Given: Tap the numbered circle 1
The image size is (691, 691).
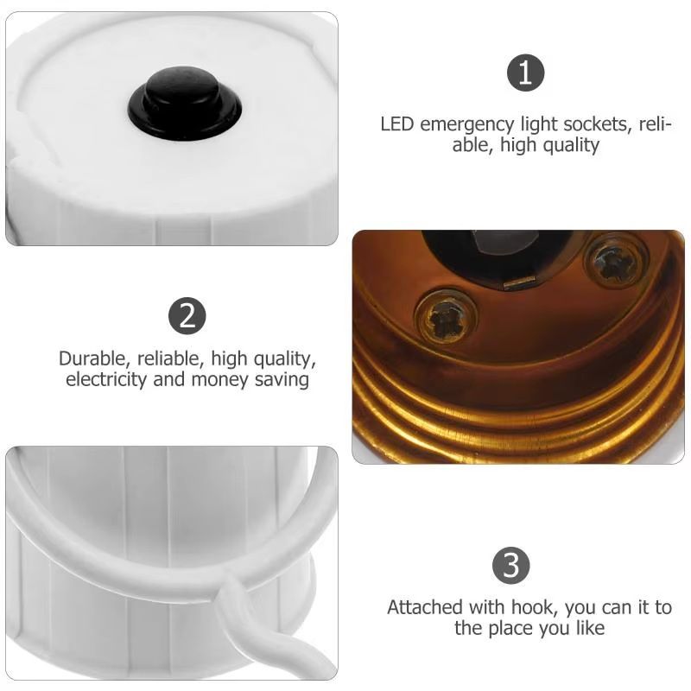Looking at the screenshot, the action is [x=525, y=73].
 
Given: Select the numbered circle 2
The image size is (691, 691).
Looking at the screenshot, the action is [x=187, y=316].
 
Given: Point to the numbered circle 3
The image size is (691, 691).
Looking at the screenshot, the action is [x=511, y=566].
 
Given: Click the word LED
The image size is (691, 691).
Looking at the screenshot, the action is [x=397, y=124].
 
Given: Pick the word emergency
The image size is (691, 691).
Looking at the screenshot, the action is [x=467, y=125].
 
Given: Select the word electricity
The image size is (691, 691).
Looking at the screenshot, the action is [x=106, y=380].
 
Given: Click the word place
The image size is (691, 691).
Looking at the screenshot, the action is [x=510, y=629].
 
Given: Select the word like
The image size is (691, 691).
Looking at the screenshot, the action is [x=590, y=628].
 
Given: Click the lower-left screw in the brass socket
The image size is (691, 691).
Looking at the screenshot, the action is [x=446, y=316].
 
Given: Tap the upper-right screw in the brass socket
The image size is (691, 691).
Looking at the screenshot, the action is [x=616, y=261].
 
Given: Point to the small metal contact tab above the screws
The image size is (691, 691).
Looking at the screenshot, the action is [x=520, y=284].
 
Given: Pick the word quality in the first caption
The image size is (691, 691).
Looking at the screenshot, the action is [x=571, y=146].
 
